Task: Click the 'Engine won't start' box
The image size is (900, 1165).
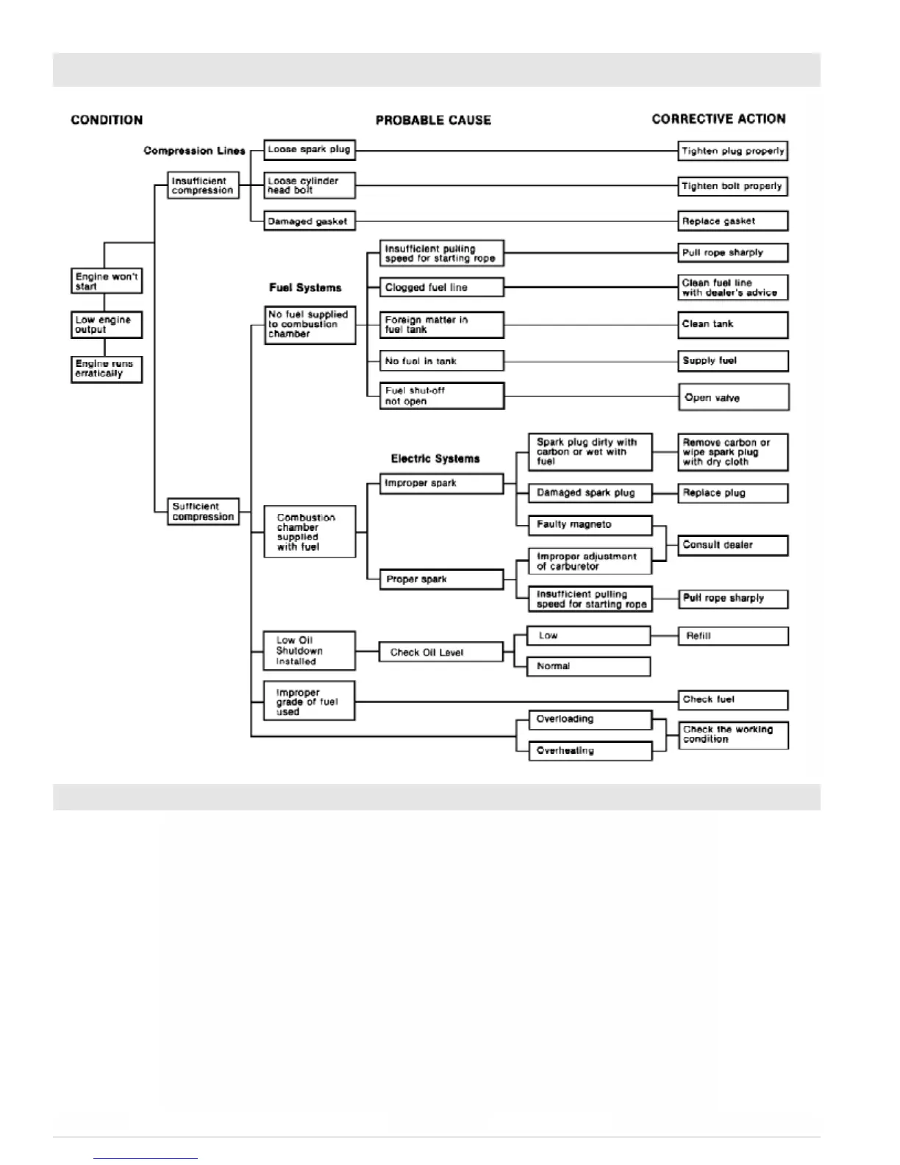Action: coord(106,281)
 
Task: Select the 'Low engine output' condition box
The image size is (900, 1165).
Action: coord(106,324)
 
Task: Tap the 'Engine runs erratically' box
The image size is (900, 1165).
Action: coord(106,368)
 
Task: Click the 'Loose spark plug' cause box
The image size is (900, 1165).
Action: coord(309,149)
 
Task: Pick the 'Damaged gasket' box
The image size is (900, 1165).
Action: coord(309,221)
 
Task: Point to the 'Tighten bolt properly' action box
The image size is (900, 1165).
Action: coord(732,186)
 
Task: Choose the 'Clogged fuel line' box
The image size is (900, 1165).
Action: coord(441,288)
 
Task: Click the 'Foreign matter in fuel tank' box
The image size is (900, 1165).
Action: coord(441,324)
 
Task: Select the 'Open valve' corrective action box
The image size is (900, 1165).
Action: coord(733,397)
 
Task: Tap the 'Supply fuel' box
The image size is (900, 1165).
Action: coord(732,360)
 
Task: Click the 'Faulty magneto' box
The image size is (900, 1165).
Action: coord(590,524)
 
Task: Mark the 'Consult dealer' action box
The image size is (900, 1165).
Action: coord(732,545)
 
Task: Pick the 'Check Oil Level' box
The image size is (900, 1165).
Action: coord(440,652)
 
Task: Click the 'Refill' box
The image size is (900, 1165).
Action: coord(732,636)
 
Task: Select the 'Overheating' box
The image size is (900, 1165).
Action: coord(590,751)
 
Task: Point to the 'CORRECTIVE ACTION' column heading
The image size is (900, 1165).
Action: coord(718,119)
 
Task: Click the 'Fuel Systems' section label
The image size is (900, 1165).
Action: coord(305,288)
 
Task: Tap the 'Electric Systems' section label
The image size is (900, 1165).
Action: coord(435,459)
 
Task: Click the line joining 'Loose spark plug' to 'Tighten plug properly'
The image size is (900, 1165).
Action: coord(515,151)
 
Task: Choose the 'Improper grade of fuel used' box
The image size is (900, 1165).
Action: coord(309,702)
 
